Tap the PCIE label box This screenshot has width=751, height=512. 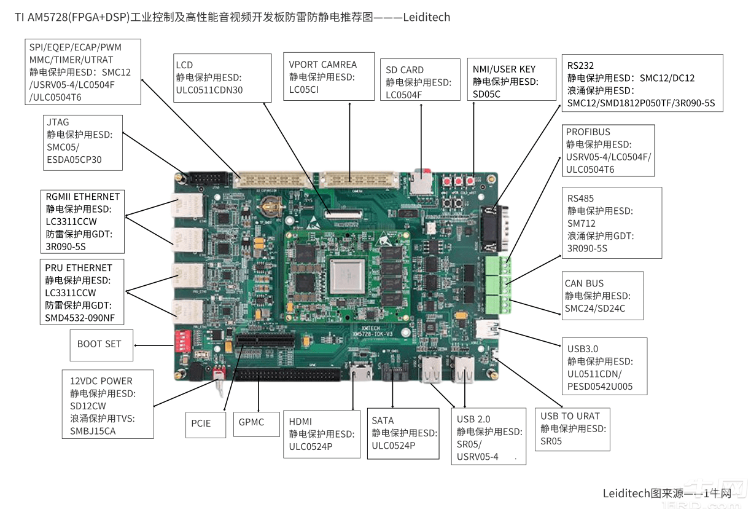pyautogui.click(x=205, y=423)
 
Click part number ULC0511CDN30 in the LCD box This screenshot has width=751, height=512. pyautogui.click(x=209, y=90)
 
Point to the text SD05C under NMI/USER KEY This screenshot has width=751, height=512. pyautogui.click(x=486, y=94)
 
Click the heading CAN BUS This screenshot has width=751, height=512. pyautogui.click(x=584, y=283)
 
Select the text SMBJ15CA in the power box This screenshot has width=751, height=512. pyautogui.click(x=93, y=431)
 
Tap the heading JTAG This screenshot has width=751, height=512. pyautogui.click(x=58, y=122)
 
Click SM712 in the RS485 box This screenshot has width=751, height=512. pyautogui.click(x=582, y=223)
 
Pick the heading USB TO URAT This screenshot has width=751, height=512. pyautogui.click(x=570, y=416)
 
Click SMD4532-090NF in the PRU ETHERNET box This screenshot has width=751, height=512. pyautogui.click(x=79, y=317)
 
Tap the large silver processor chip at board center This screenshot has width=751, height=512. pyautogui.click(x=348, y=272)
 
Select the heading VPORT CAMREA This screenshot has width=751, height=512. pyautogui.click(x=322, y=65)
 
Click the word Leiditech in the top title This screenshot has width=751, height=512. pyautogui.click(x=427, y=17)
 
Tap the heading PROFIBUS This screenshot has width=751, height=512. pyautogui.click(x=588, y=132)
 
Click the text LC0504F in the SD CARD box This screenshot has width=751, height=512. pyautogui.click(x=404, y=95)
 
